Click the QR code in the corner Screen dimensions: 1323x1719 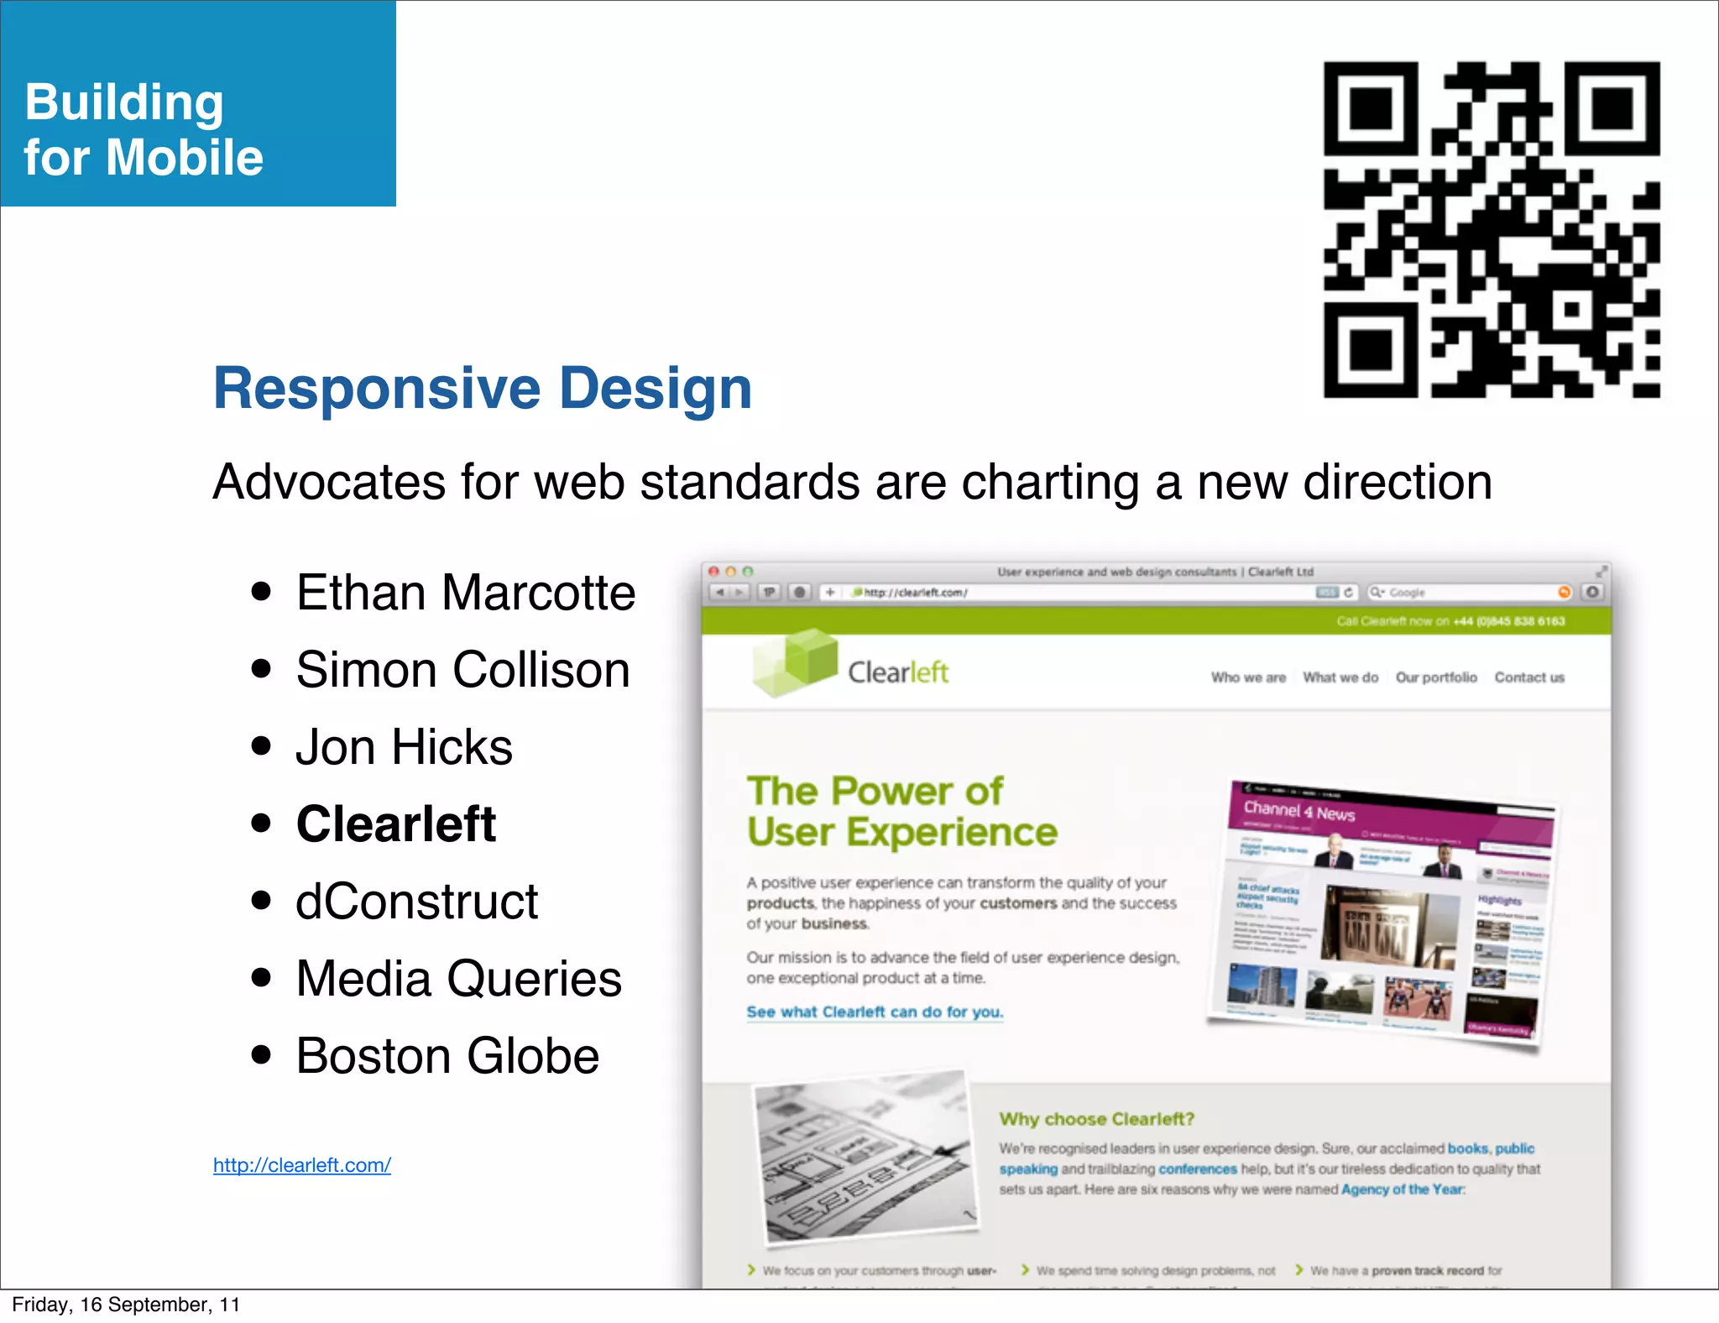click(x=1492, y=229)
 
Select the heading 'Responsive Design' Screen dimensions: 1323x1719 click(x=483, y=389)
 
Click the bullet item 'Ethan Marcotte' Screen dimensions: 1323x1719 click(x=466, y=593)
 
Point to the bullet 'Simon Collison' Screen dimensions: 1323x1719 click(x=462, y=670)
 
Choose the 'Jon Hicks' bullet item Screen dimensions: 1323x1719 click(x=404, y=747)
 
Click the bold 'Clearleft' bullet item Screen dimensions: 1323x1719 click(x=396, y=824)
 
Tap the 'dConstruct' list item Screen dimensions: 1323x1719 click(x=416, y=902)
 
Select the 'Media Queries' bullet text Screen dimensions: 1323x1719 click(x=458, y=979)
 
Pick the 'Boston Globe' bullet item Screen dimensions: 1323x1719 click(x=447, y=1056)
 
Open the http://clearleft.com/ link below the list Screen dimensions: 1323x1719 click(x=302, y=1165)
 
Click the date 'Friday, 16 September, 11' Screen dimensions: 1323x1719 click(x=126, y=1305)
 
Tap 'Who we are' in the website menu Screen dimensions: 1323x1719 click(x=1248, y=677)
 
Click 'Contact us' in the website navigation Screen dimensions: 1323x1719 click(x=1529, y=677)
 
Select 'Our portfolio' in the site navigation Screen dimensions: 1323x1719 click(x=1436, y=677)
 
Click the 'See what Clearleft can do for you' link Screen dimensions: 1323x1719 click(x=875, y=1012)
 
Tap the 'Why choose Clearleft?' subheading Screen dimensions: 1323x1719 click(x=1096, y=1119)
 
